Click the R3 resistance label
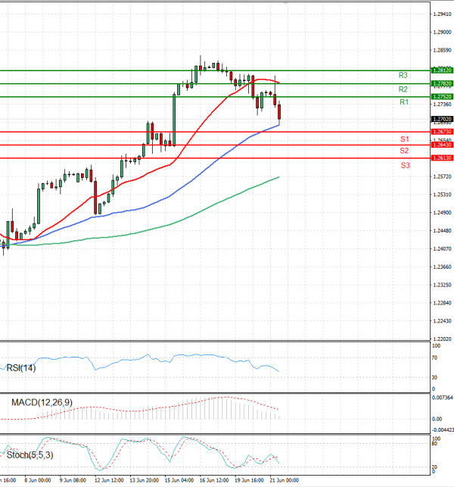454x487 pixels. [403, 76]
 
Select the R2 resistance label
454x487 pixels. [403, 89]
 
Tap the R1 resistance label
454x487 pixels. [403, 101]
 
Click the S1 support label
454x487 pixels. [405, 140]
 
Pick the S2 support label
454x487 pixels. [405, 151]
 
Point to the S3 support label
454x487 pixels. [405, 165]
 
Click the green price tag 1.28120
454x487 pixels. [441, 70]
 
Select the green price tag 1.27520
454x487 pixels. [441, 97]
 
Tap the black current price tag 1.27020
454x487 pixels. [441, 119]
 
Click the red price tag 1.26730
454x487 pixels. [441, 132]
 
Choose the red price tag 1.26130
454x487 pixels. [441, 158]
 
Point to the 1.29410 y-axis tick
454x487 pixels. [441, 14]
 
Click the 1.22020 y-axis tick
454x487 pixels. [441, 340]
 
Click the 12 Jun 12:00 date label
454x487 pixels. [109, 480]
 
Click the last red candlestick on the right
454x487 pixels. [280, 112]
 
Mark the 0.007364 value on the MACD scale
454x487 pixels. [441, 397]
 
